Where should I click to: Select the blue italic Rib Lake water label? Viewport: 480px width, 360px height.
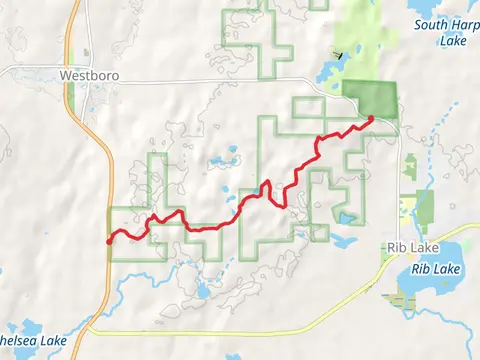tap(440, 268)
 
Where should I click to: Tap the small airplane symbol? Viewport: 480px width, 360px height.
tap(339, 55)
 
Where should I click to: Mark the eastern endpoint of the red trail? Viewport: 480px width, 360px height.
tap(371, 119)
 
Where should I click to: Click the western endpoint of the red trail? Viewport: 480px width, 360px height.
tap(108, 241)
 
